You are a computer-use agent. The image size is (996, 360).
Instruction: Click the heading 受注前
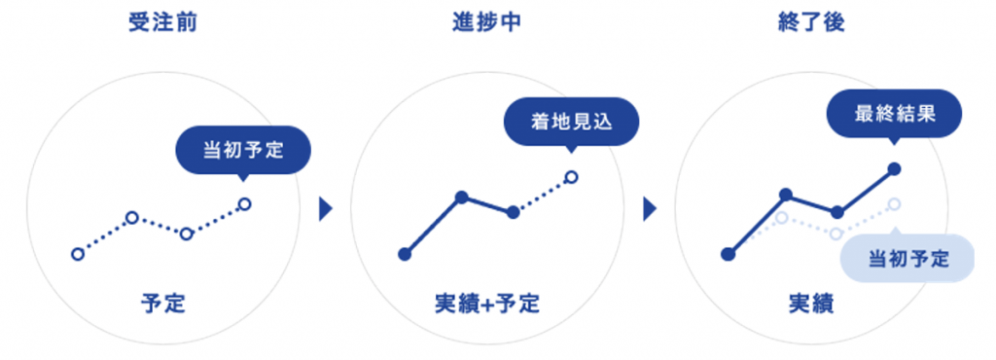click(162, 22)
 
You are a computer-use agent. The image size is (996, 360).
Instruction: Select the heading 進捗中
click(486, 22)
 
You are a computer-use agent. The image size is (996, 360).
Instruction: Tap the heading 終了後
click(811, 22)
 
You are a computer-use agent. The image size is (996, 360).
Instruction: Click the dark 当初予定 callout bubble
click(243, 150)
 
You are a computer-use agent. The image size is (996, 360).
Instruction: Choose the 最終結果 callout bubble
click(894, 114)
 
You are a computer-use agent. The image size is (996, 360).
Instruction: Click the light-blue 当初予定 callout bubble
click(907, 259)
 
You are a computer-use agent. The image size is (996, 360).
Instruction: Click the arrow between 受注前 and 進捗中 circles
click(327, 208)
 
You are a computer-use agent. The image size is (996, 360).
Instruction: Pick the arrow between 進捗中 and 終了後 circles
click(650, 208)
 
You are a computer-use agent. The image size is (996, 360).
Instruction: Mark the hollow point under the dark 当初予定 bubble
click(244, 203)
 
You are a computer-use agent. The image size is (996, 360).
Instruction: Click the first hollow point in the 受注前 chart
click(78, 255)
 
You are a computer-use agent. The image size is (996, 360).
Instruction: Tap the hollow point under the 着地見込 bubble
click(572, 177)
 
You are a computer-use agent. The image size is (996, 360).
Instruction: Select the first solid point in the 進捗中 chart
click(404, 255)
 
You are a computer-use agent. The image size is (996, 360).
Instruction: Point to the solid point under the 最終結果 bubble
click(895, 168)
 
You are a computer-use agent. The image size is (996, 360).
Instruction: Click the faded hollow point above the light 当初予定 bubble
click(895, 204)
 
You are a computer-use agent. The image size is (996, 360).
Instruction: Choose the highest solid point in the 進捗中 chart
click(462, 198)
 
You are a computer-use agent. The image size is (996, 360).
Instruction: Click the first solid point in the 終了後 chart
click(728, 255)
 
